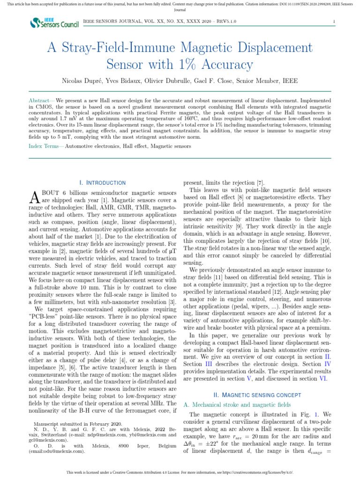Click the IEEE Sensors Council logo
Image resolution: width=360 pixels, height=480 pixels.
[54, 22]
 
